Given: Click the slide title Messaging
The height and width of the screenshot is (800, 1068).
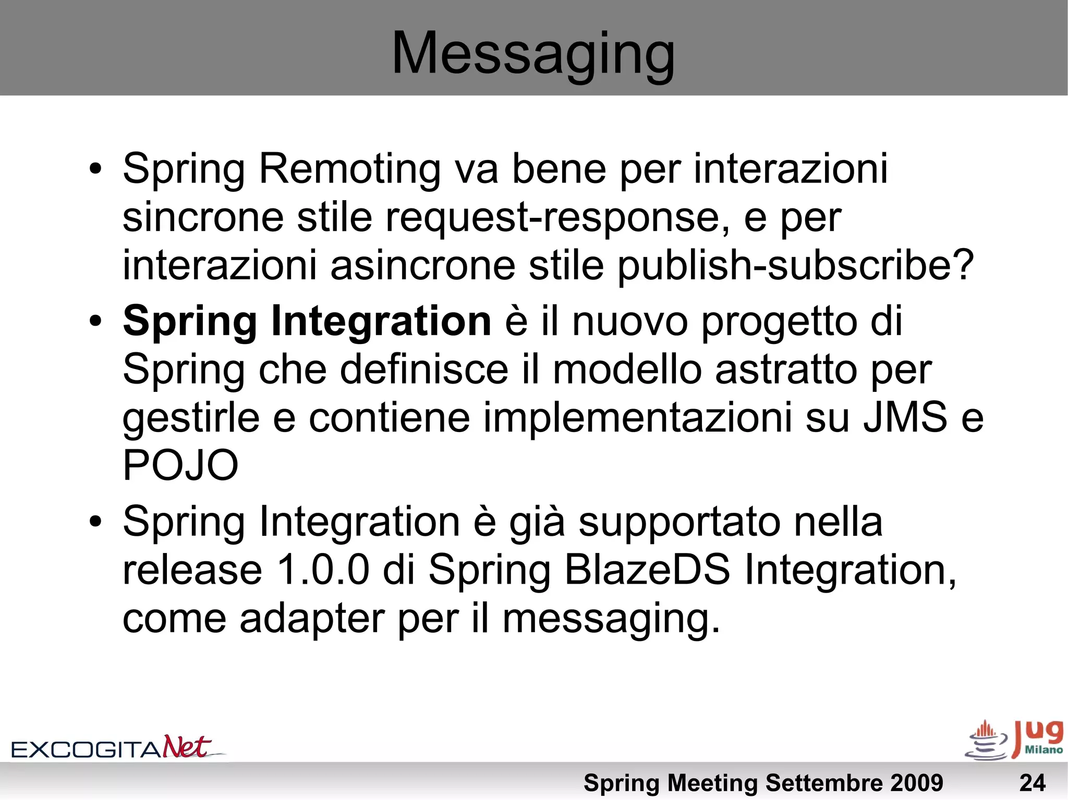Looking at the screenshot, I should [x=533, y=53].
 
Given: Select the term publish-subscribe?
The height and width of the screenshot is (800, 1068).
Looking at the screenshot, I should [x=796, y=265].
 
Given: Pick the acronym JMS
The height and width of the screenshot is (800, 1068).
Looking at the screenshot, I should [x=905, y=417].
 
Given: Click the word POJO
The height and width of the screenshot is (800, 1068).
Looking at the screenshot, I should [x=180, y=465].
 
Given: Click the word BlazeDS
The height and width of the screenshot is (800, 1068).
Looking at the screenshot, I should [x=647, y=570].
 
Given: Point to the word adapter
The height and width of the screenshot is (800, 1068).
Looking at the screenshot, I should [x=312, y=619].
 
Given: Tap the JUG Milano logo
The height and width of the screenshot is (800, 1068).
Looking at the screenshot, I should [x=1015, y=740].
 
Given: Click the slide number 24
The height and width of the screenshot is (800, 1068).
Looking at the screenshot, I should [x=1032, y=783].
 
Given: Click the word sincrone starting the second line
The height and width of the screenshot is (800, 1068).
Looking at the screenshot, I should [x=203, y=217].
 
